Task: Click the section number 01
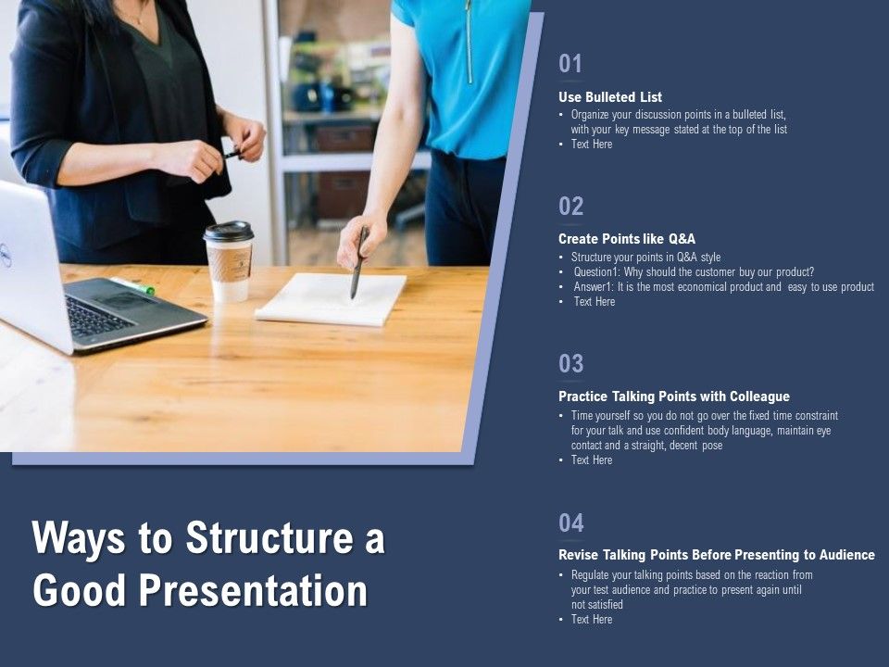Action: click(570, 64)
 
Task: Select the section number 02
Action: click(570, 206)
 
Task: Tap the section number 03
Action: click(570, 364)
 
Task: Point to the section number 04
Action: click(570, 523)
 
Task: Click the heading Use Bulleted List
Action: click(610, 96)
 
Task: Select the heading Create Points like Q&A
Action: click(627, 238)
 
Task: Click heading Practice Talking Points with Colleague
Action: click(674, 396)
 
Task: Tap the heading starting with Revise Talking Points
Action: click(716, 555)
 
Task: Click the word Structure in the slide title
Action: click(246, 539)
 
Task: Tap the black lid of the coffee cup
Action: click(229, 231)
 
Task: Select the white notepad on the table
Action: click(331, 298)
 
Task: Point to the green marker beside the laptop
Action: click(134, 286)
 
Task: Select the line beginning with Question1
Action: click(694, 271)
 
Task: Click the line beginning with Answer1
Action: click(723, 286)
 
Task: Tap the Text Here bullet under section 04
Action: click(591, 619)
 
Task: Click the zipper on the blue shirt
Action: click(470, 42)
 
